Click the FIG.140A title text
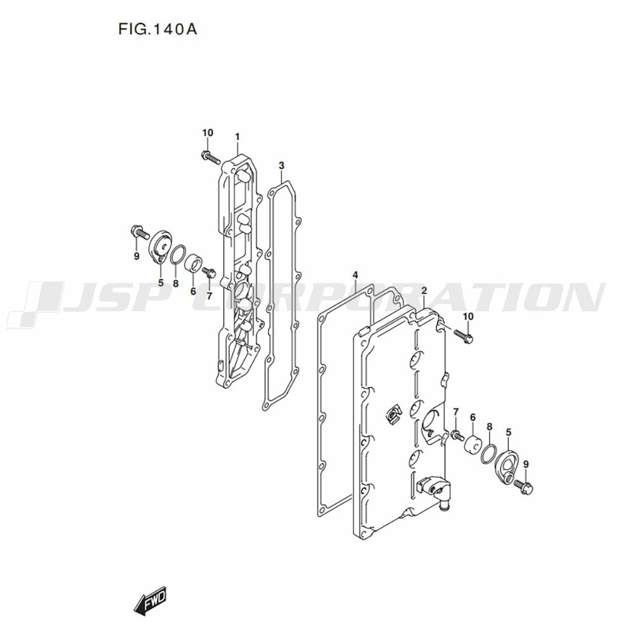[x=157, y=29]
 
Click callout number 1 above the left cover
[x=237, y=137]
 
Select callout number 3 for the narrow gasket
[x=281, y=165]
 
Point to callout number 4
[x=355, y=276]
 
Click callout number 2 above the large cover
[x=424, y=291]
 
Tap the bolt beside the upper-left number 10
[x=211, y=157]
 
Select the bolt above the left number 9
[x=140, y=232]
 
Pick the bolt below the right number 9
[x=524, y=487]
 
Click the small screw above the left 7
[x=210, y=272]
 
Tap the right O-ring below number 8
[x=488, y=454]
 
